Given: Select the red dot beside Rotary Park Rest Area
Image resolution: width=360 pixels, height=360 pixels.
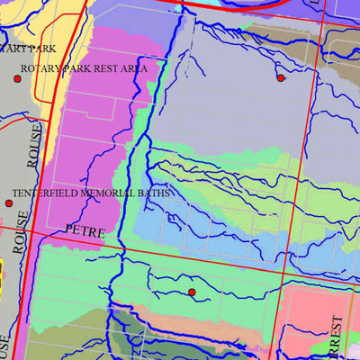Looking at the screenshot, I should (17, 79).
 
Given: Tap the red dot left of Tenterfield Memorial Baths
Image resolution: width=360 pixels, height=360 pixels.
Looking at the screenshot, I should (9, 203).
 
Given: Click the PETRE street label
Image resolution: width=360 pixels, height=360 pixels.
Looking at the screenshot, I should (85, 232).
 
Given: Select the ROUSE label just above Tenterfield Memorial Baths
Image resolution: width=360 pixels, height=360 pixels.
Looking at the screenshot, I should (34, 147).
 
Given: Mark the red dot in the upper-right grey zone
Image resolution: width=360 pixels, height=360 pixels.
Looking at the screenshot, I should (281, 78).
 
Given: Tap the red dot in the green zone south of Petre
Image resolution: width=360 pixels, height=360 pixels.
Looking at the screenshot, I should (192, 292).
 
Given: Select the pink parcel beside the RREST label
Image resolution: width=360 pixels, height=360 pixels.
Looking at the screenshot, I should (301, 315).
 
